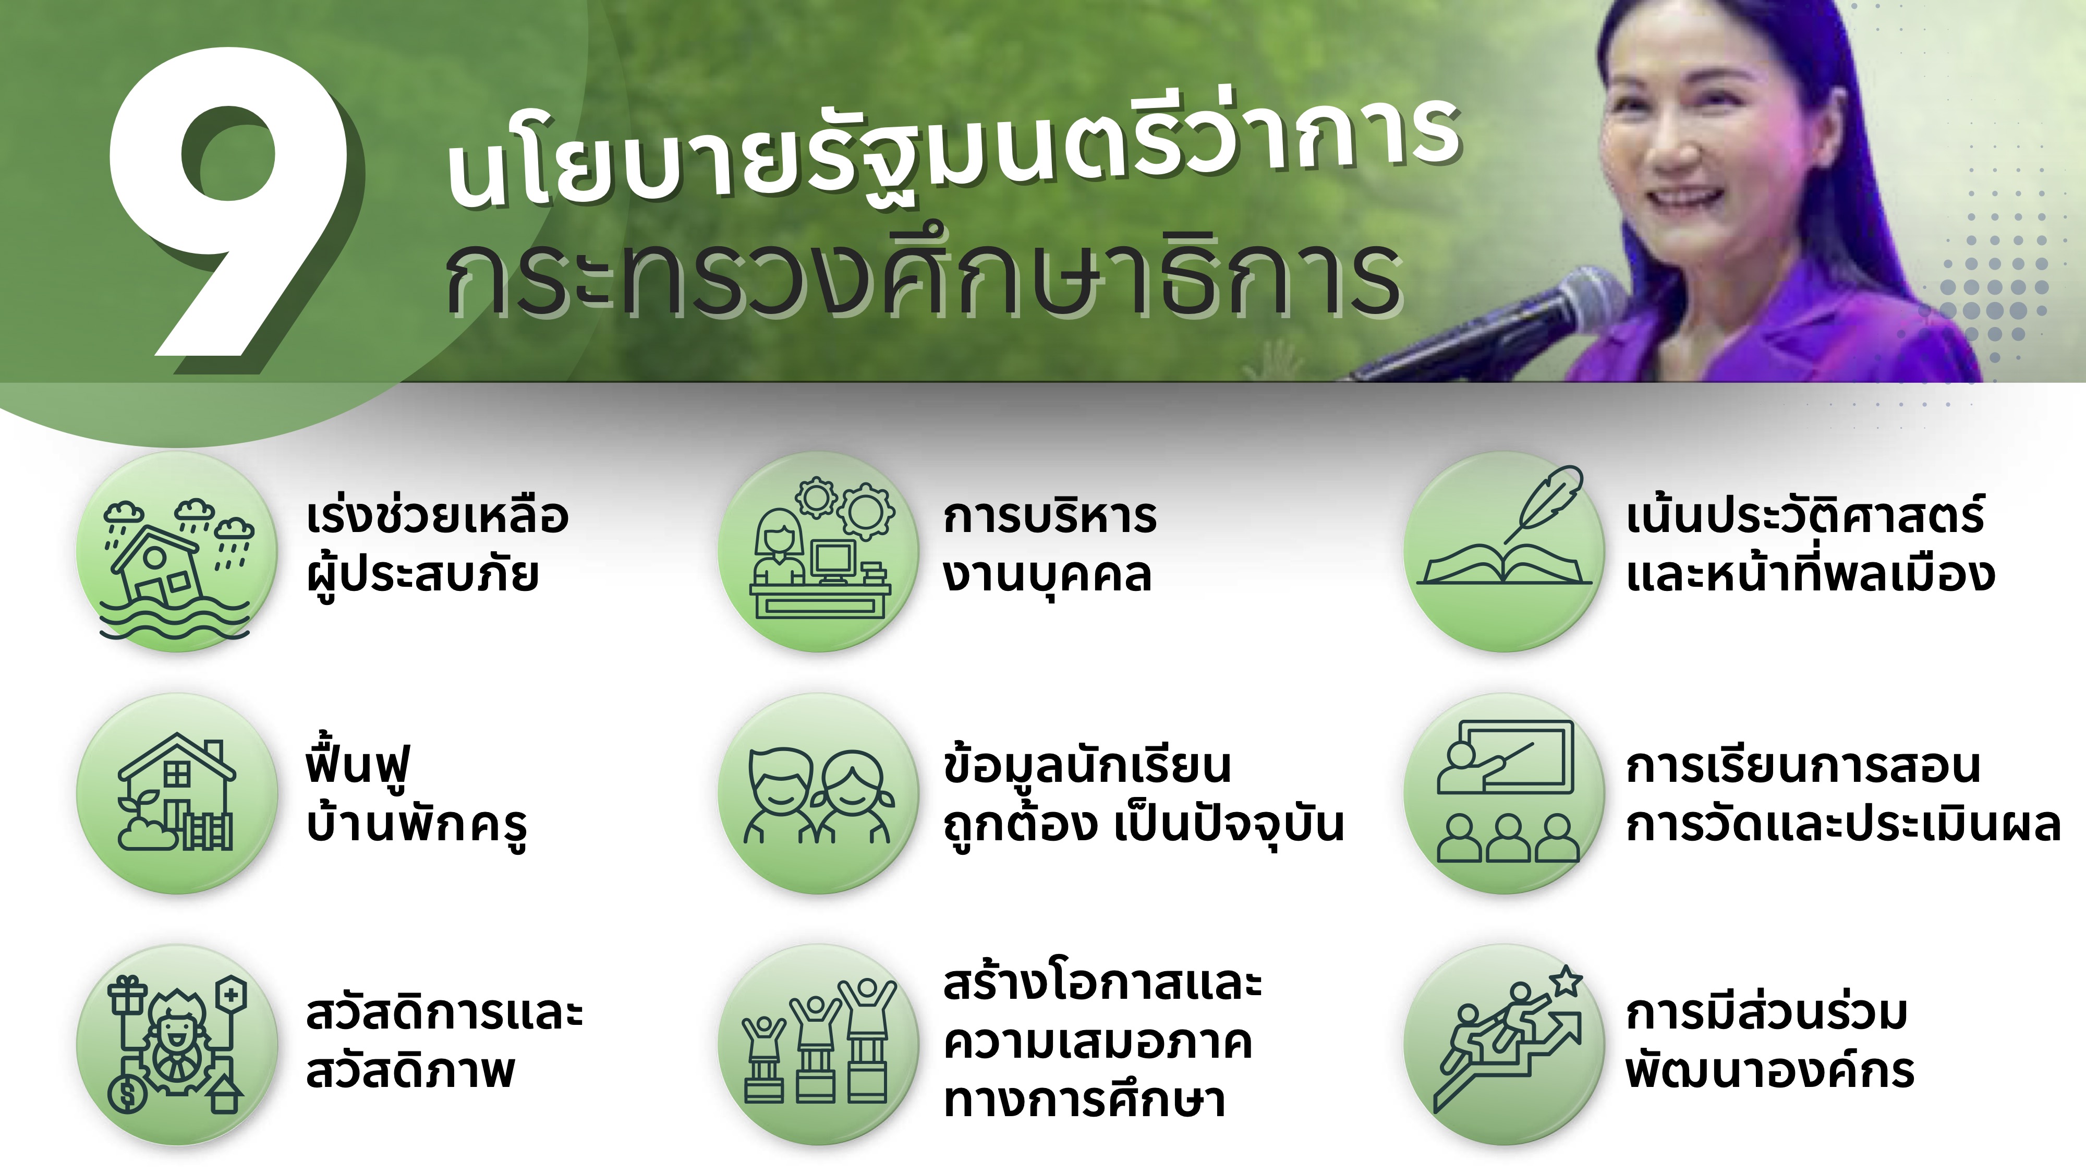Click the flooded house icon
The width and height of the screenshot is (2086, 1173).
[177, 567]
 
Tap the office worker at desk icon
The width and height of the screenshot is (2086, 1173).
[819, 549]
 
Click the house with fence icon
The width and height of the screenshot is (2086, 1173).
[177, 792]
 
